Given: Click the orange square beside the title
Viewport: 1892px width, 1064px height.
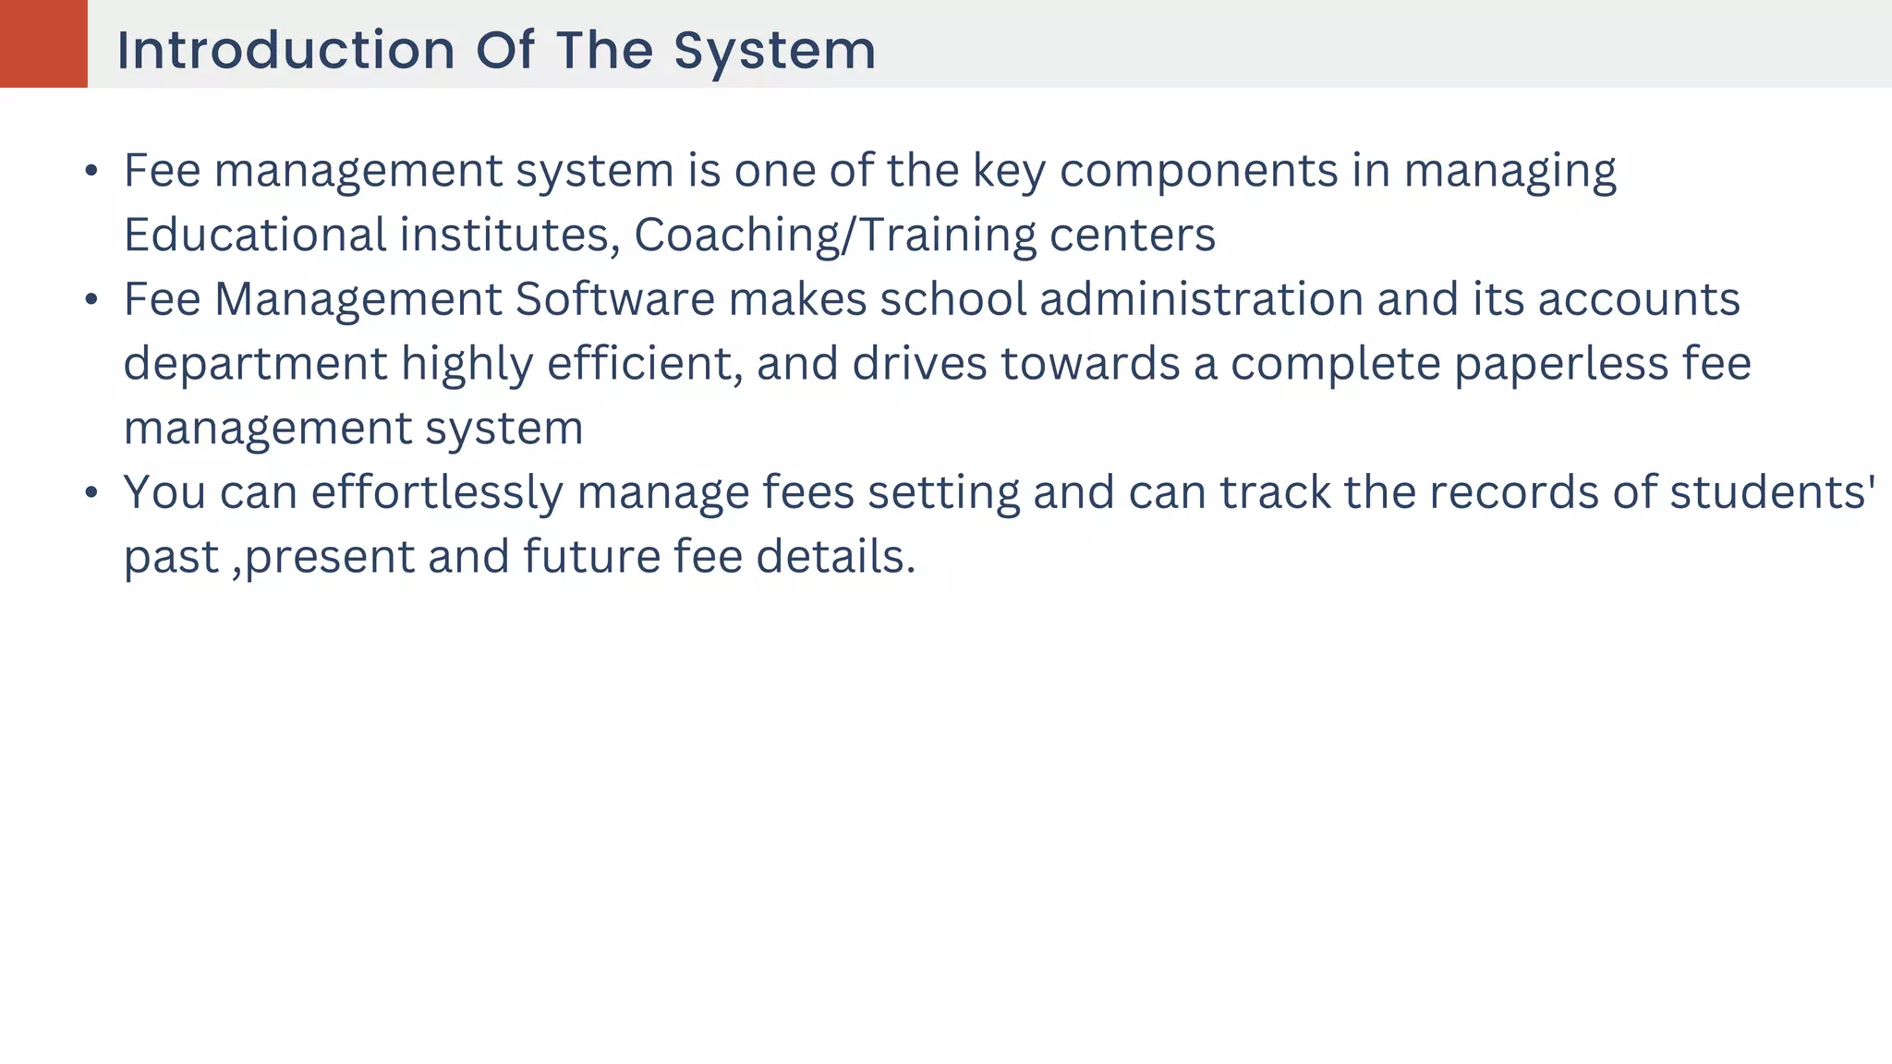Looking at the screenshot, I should point(43,43).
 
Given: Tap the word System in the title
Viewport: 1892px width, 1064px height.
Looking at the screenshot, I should point(774,50).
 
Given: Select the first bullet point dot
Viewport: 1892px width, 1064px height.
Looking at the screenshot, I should point(91,171).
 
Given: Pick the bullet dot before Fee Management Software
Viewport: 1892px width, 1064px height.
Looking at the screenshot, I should point(91,300).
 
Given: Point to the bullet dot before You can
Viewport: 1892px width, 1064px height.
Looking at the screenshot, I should point(91,493).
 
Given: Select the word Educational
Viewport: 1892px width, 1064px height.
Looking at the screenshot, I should point(255,235).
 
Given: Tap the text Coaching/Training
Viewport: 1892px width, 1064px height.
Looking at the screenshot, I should point(835,235).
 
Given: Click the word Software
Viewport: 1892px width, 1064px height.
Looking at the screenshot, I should point(614,299).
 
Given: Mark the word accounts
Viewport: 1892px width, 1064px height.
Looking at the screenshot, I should point(1639,299).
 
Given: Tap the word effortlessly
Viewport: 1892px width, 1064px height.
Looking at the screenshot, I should point(437,492).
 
